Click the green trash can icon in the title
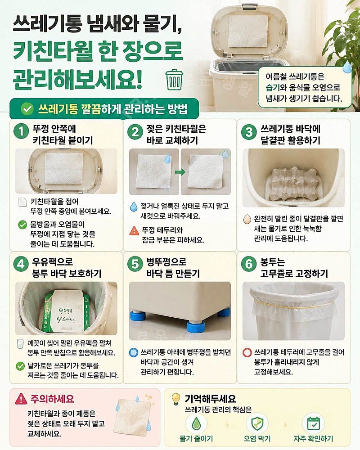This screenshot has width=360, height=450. tap(174, 79)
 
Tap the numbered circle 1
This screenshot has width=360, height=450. tap(21, 131)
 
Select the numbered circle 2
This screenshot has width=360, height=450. tap(135, 132)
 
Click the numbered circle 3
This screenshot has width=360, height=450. tap(248, 132)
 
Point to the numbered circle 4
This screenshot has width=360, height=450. tap(21, 264)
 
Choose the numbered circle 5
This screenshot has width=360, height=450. tap(135, 264)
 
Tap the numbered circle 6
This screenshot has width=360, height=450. tap(248, 264)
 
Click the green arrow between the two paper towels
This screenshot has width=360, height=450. tap(180, 172)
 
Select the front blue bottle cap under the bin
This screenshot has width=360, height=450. tap(196, 327)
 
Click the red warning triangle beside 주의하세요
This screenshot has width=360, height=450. tap(21, 399)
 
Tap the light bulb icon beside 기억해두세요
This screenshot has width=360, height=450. tap(175, 399)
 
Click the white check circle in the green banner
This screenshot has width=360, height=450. tap(27, 109)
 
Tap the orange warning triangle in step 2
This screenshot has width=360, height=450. tap(134, 230)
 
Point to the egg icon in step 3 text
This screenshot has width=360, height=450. tap(247, 219)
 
